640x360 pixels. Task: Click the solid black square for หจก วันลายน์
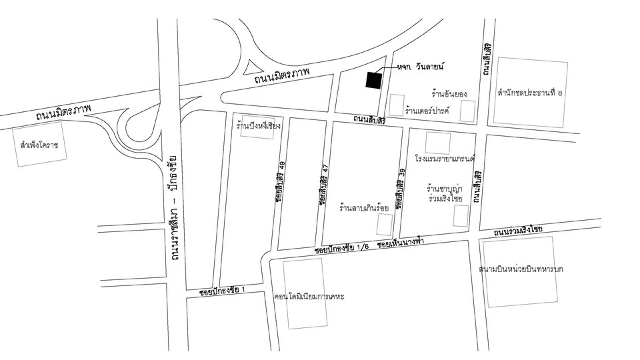coord(373,81)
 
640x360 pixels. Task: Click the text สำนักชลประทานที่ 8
coord(529,93)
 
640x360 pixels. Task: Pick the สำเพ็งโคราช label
coord(40,144)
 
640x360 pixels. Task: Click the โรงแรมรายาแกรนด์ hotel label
coord(443,160)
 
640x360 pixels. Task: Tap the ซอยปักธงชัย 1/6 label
coord(343,249)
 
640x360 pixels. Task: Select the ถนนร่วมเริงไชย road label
coord(518,231)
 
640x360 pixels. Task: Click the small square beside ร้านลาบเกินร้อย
coord(385,225)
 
